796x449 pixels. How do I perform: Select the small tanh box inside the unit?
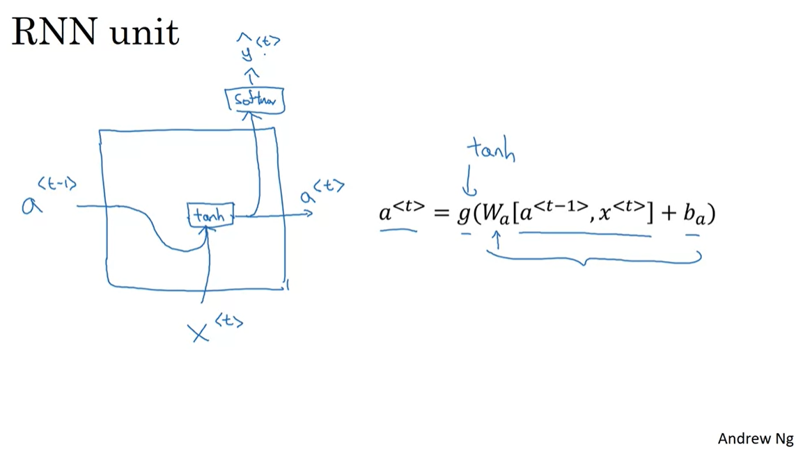pyautogui.click(x=210, y=215)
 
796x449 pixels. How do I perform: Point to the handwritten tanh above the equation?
pyautogui.click(x=492, y=150)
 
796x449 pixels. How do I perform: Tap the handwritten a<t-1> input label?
pyautogui.click(x=49, y=197)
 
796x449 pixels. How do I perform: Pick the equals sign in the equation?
pyautogui.click(x=441, y=212)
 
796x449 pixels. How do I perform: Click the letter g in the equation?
pyautogui.click(x=464, y=214)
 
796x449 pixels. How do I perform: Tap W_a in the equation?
pyautogui.click(x=495, y=214)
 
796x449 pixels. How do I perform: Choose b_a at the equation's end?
pyautogui.click(x=693, y=214)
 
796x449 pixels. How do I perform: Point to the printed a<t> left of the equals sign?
pyautogui.click(x=400, y=210)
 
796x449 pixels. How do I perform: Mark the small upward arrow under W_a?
pyautogui.click(x=497, y=241)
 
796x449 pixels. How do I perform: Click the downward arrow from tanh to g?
pyautogui.click(x=470, y=183)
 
